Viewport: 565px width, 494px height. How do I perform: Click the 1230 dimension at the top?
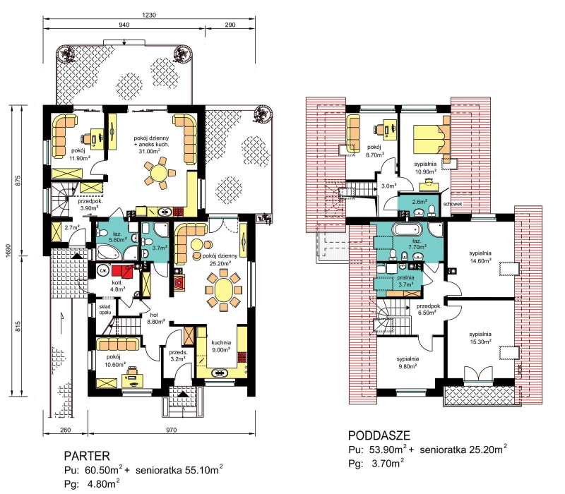click(x=149, y=15)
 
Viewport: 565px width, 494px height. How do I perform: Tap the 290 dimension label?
click(x=230, y=25)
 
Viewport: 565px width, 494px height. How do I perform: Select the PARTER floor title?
click(x=87, y=456)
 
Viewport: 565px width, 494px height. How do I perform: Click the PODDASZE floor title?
click(x=379, y=435)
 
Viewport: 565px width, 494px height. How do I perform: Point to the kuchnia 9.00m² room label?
click(x=221, y=346)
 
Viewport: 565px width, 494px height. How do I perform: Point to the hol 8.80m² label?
click(x=155, y=318)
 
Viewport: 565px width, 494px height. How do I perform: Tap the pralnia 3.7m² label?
click(x=405, y=281)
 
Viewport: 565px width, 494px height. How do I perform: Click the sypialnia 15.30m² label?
click(x=480, y=338)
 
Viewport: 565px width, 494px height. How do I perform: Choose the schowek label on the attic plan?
click(x=453, y=204)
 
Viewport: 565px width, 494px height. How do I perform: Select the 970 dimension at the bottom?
click(x=172, y=430)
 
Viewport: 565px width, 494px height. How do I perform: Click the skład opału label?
click(x=105, y=309)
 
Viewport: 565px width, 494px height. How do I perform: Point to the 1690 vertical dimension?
click(x=8, y=251)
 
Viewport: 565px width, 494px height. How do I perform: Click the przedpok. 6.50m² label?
click(x=429, y=309)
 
